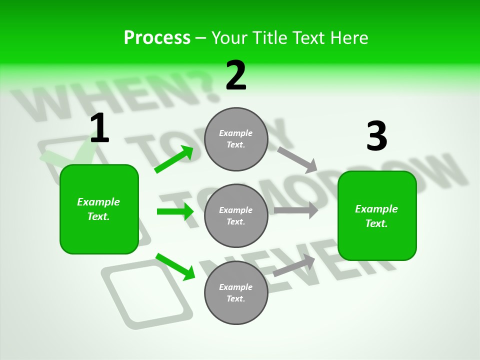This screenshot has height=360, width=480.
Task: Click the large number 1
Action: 99,128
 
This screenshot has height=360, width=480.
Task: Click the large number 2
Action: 236,75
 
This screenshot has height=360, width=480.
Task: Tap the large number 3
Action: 376,136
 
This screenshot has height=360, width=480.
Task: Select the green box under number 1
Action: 99,209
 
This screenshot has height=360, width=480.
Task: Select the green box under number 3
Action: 377,215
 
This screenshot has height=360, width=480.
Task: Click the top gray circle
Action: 236,139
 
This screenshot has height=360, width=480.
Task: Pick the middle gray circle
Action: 236,215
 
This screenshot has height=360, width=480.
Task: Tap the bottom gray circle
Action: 236,292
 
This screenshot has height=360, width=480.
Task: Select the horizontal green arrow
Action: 175,211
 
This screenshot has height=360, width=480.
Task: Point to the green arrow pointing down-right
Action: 175,266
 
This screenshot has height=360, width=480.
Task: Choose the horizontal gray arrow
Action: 296,210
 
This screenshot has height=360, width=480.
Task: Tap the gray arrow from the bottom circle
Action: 294,265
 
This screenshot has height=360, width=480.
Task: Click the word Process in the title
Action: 157,37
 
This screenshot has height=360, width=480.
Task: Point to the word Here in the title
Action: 348,37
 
